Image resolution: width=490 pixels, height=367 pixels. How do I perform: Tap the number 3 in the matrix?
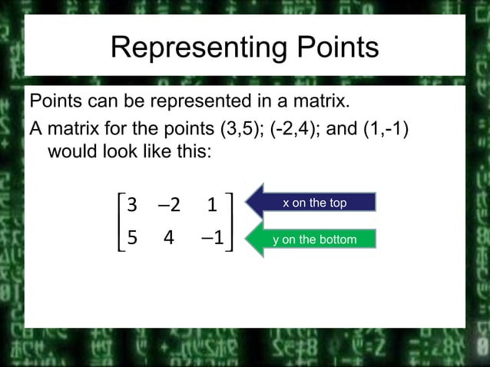point(132,205)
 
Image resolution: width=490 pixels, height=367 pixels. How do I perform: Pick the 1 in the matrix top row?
point(211,205)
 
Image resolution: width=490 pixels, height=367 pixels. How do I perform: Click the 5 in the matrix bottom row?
point(132,238)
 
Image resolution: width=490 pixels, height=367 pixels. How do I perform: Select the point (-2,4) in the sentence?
point(293,127)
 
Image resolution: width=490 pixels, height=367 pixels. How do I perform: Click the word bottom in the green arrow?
point(338,240)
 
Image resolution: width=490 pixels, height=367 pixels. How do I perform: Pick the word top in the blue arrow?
point(337,203)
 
